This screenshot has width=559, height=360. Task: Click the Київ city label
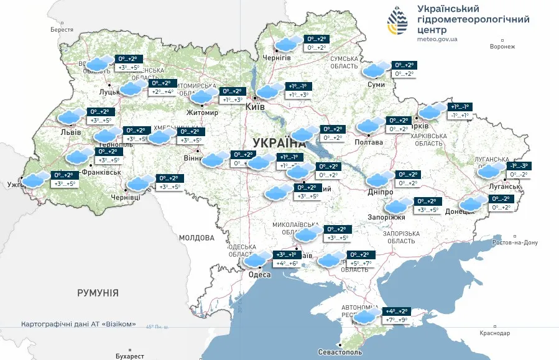(255, 107)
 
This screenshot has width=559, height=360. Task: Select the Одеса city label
(259, 275)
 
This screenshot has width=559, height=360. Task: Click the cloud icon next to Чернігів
(287, 44)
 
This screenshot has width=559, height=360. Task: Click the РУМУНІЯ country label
(98, 292)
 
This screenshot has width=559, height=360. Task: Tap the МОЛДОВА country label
(196, 238)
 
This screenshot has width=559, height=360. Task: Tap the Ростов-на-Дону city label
(514, 242)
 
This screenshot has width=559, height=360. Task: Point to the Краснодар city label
(494, 333)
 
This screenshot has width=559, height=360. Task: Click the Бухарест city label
(129, 356)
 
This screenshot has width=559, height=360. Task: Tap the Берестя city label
(62, 29)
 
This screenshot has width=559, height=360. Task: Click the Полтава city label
(369, 142)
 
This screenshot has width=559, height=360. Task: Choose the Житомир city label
(202, 113)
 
